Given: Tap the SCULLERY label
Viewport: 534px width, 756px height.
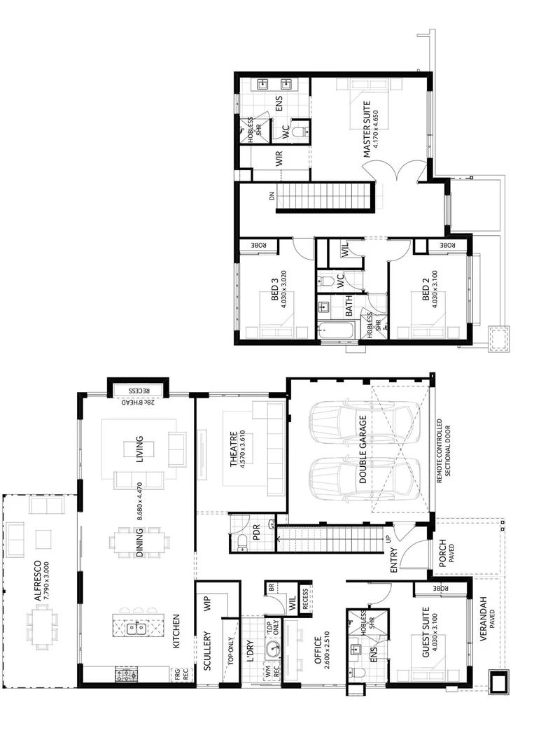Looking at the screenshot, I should point(207,651).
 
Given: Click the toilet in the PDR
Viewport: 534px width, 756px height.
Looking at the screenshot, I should point(241,540).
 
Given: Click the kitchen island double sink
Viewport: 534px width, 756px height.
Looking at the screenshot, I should point(136,628).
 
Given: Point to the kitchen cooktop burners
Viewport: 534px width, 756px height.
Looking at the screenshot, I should point(126,676).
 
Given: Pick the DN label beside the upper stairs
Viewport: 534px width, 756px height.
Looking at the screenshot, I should point(272,197).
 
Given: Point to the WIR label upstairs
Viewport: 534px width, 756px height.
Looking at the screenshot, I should point(279,159).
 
